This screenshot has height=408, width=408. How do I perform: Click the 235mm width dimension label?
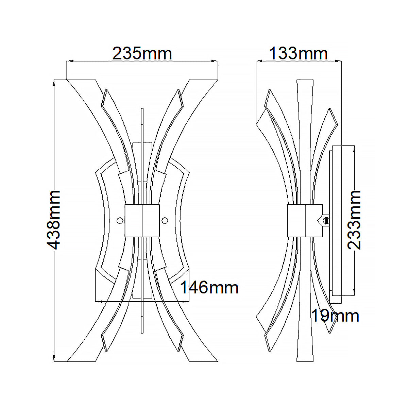tap(142, 54)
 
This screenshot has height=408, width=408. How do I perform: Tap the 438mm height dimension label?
tap(53, 220)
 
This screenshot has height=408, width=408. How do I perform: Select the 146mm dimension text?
tap(209, 287)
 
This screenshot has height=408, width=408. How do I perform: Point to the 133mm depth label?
tap(298, 54)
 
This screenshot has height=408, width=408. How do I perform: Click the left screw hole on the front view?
tap(120, 221)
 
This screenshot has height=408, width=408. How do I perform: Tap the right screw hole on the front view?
tap(165, 221)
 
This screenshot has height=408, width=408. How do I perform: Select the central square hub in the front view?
tap(142, 221)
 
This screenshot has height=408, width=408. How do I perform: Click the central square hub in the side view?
tap(305, 221)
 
